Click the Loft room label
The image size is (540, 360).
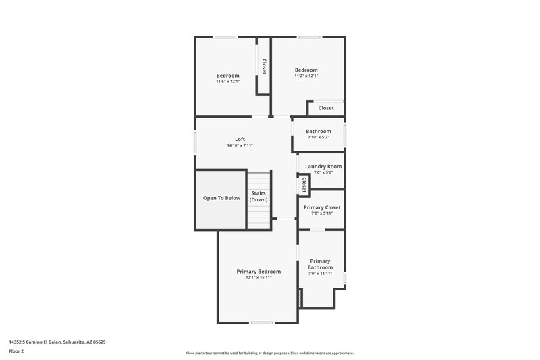[240, 139]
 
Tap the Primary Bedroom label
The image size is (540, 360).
[259, 272]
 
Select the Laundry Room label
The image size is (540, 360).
[323, 166]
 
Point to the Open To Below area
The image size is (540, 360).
[221, 198]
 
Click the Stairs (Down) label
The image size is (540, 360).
[259, 197]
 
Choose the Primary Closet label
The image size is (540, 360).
[322, 207]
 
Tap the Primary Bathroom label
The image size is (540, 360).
[320, 264]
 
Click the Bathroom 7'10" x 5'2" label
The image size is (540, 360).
[319, 131]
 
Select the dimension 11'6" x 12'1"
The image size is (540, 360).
[227, 82]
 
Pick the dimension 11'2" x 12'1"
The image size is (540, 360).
[306, 76]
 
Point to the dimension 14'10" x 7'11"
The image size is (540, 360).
[240, 145]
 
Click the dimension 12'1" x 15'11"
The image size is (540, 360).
[259, 278]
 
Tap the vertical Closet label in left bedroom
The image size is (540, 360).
[264, 66]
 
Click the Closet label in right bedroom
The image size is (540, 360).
[326, 108]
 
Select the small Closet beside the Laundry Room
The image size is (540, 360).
[304, 185]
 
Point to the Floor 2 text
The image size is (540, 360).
[17, 351]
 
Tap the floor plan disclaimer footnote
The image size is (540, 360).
[269, 353]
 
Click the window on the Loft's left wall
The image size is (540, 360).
[196, 143]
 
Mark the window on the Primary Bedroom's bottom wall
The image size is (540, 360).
[261, 322]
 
